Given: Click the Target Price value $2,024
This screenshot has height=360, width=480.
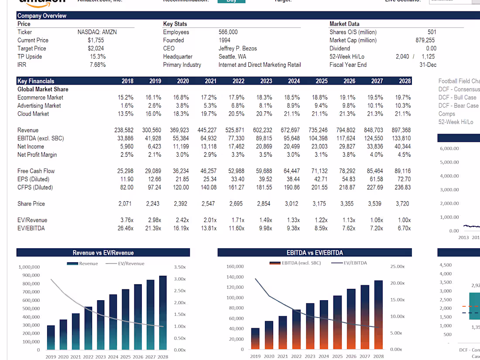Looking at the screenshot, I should click(96, 48).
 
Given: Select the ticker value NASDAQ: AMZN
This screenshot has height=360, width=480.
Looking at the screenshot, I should click(97, 32).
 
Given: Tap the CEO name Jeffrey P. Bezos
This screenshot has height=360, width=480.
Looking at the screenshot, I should click(237, 48).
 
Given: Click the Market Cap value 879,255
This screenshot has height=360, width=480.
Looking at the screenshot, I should click(425, 40).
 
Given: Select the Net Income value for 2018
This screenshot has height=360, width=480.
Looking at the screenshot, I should click(127, 147).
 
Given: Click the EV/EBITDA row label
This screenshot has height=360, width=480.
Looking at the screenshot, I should click(31, 228).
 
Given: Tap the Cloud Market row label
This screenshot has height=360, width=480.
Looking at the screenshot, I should click(33, 114).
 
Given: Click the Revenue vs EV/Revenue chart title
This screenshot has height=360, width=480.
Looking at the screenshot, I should click(103, 253).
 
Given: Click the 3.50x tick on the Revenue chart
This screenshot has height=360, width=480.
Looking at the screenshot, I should click(179, 267).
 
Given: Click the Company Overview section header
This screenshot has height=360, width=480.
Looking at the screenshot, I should click(42, 16).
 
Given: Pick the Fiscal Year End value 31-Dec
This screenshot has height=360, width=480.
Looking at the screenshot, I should click(428, 65).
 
